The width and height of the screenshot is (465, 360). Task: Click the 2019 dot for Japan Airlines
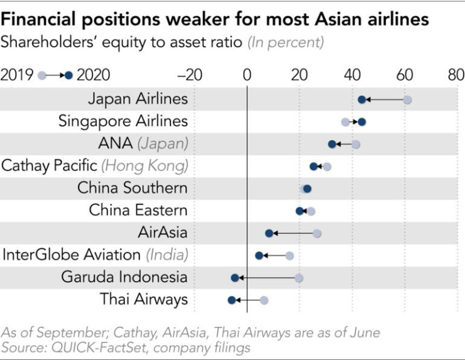point(407,100)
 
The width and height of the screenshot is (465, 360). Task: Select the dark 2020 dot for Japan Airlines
point(362,100)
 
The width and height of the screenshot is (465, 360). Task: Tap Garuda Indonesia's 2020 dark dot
point(235,278)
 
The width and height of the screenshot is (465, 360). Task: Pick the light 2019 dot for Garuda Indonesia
point(299,278)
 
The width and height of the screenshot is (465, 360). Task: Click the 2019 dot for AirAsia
point(317,234)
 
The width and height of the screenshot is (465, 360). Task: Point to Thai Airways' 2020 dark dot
point(232,300)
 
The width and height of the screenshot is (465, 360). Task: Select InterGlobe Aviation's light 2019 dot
point(290,256)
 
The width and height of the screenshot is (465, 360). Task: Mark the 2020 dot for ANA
point(332,145)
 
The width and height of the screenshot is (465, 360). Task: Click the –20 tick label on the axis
point(189,75)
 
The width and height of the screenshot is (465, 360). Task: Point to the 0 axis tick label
point(247,75)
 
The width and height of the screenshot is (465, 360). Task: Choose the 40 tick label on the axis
point(350,75)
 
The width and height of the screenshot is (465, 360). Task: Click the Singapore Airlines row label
point(123,121)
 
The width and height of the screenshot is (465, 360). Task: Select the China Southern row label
point(133,188)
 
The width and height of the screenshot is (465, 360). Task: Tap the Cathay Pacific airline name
point(50,166)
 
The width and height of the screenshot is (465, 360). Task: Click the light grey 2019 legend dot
point(41,75)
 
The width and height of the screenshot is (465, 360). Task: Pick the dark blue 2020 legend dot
point(69,75)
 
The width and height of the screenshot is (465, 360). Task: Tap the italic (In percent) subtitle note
point(287,43)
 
